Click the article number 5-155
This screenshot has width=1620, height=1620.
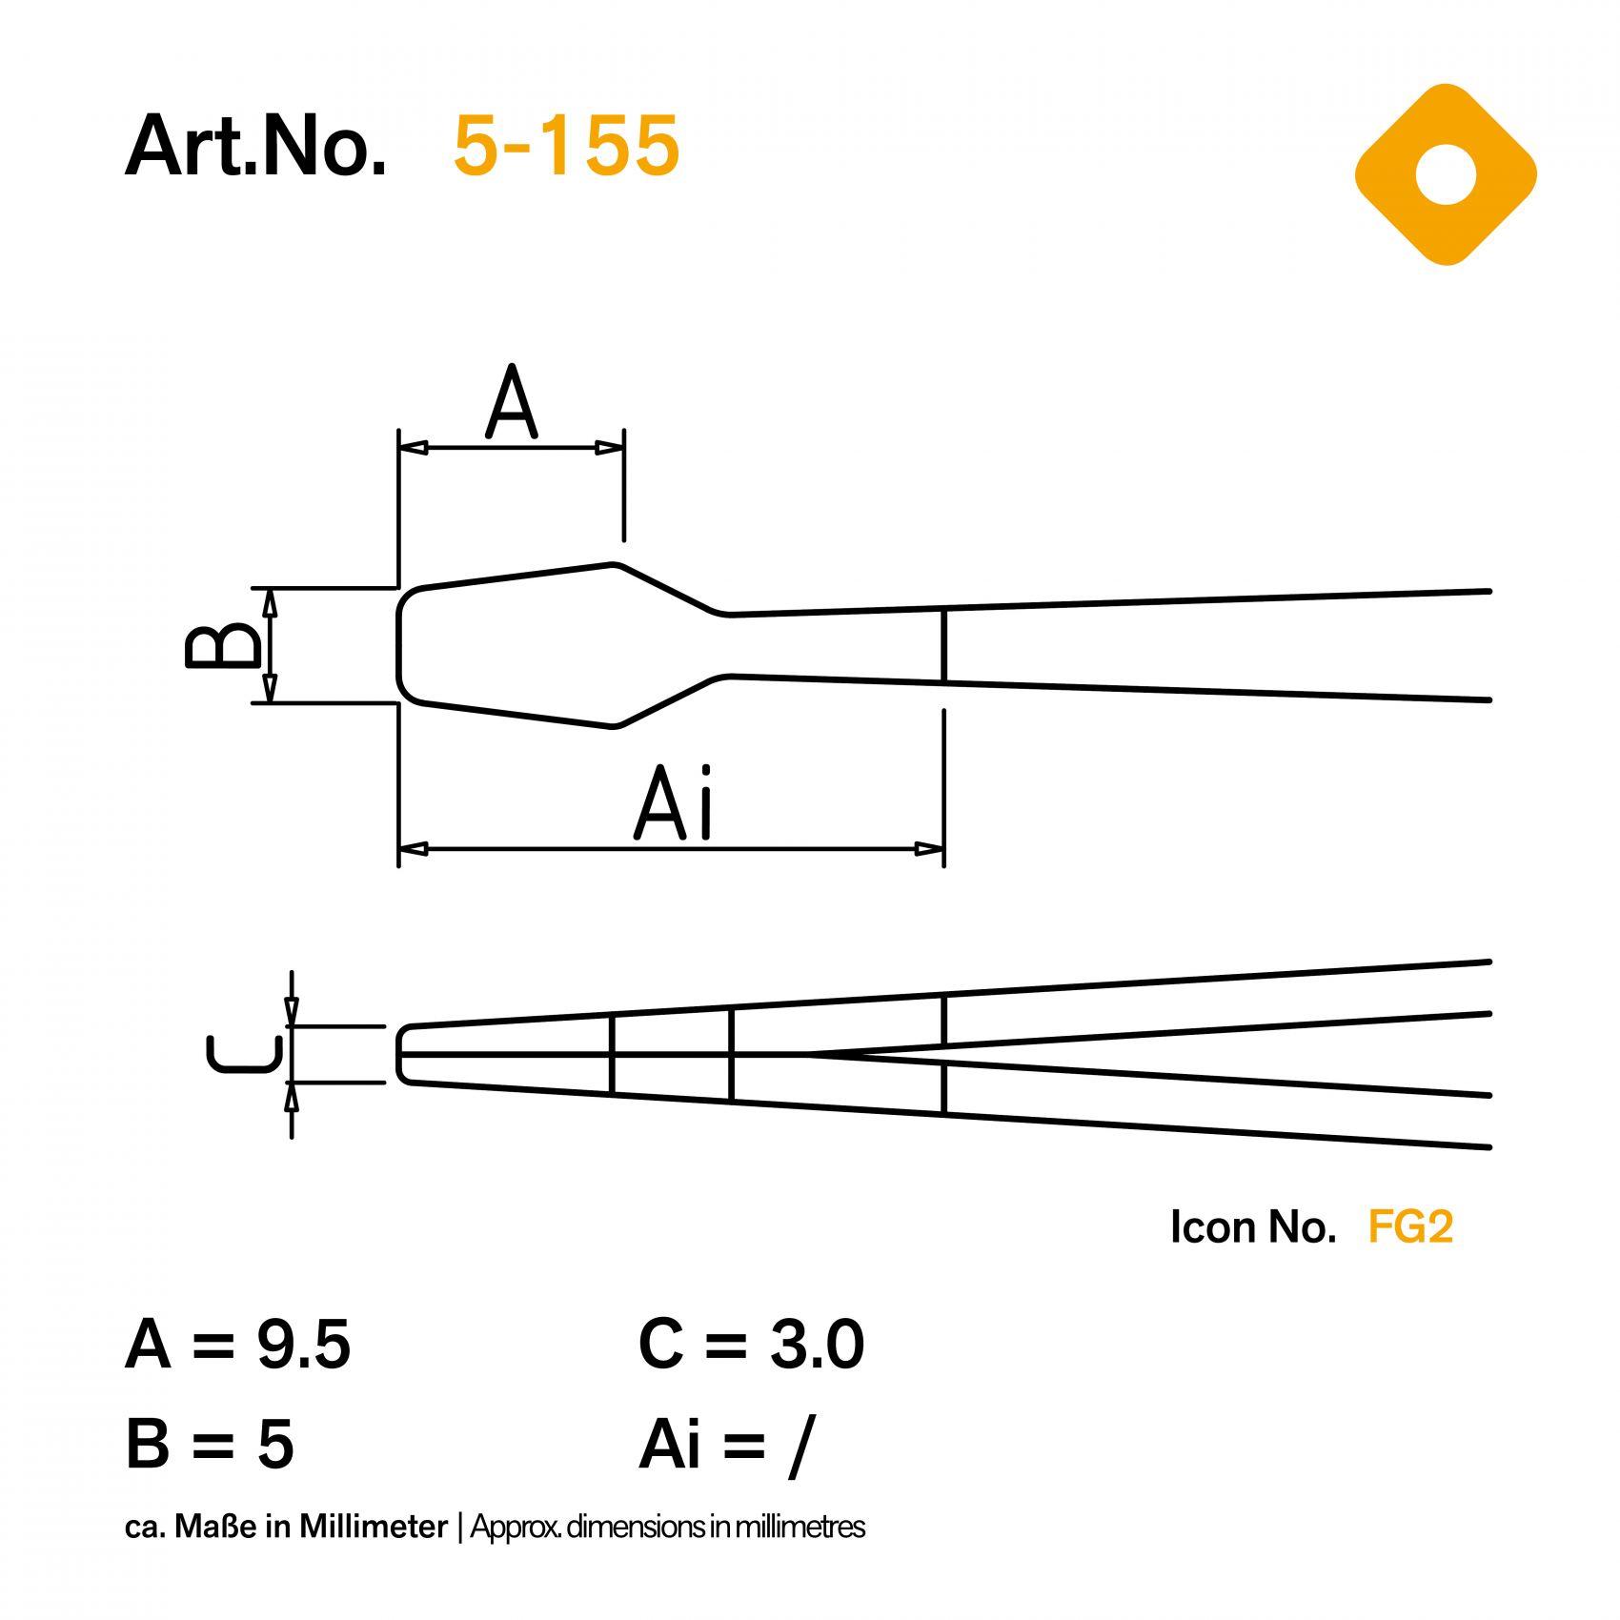coord(566,146)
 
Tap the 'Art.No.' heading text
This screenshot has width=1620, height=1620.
coord(255,146)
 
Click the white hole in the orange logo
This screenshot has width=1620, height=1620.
coord(1446,175)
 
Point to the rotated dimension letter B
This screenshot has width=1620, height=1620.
coord(222,645)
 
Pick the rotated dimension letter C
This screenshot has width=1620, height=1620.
coord(245,1054)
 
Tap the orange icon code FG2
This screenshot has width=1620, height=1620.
coord(1410,1226)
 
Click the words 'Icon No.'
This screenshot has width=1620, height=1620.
coord(1253,1226)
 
